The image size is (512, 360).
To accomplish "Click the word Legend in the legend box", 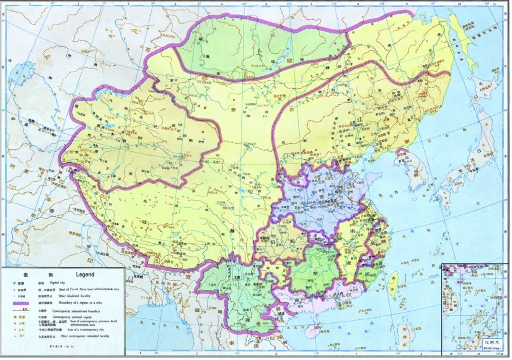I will [85, 275].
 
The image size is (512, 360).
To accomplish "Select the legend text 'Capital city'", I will [59, 283].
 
